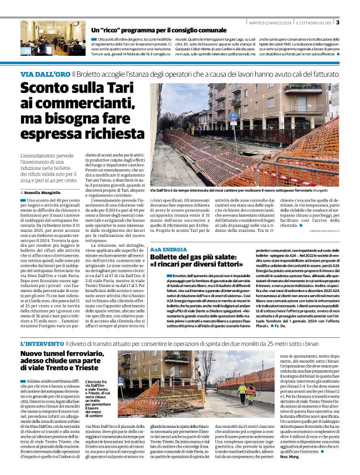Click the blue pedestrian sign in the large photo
(233, 116)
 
